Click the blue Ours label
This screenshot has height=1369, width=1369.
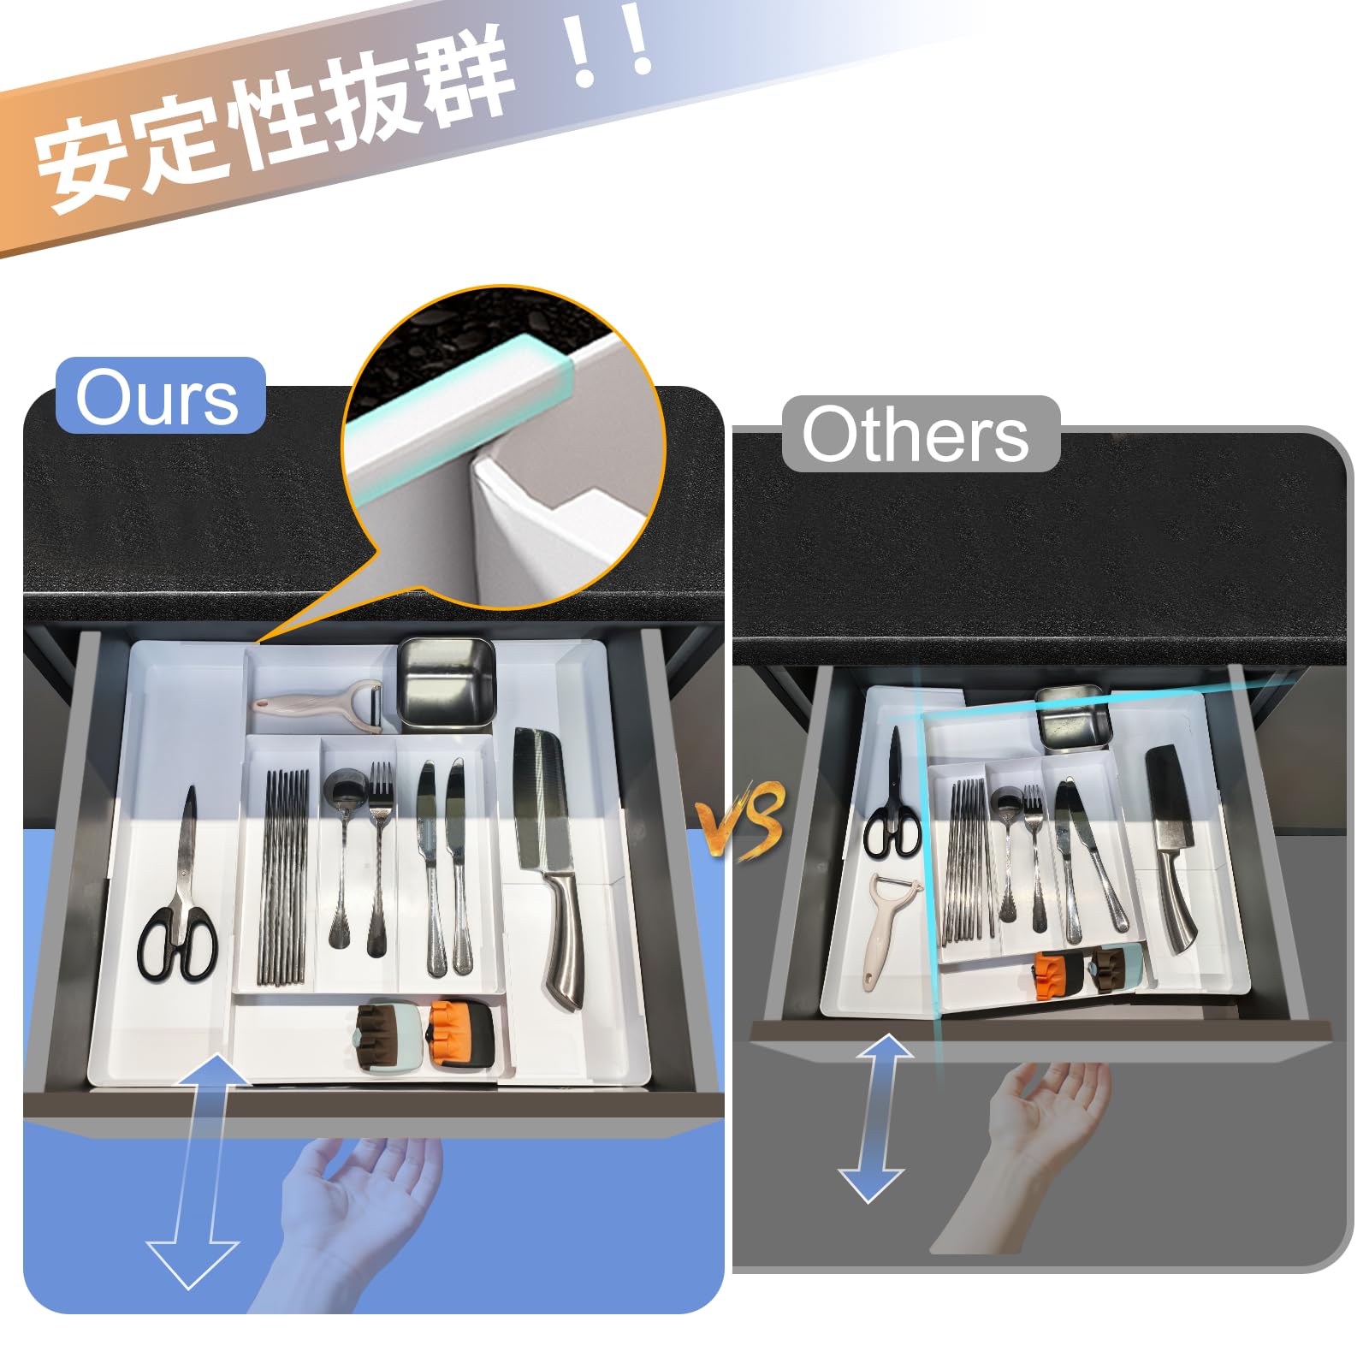(161, 395)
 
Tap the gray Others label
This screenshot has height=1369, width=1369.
(921, 434)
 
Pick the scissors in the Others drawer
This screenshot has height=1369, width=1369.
(892, 796)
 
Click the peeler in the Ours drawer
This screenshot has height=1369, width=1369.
(318, 706)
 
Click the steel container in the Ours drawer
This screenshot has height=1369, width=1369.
(447, 684)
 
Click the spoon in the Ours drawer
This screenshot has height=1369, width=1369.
(341, 856)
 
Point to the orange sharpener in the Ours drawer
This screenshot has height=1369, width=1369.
(461, 1035)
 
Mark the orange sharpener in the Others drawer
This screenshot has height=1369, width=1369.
(1054, 975)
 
